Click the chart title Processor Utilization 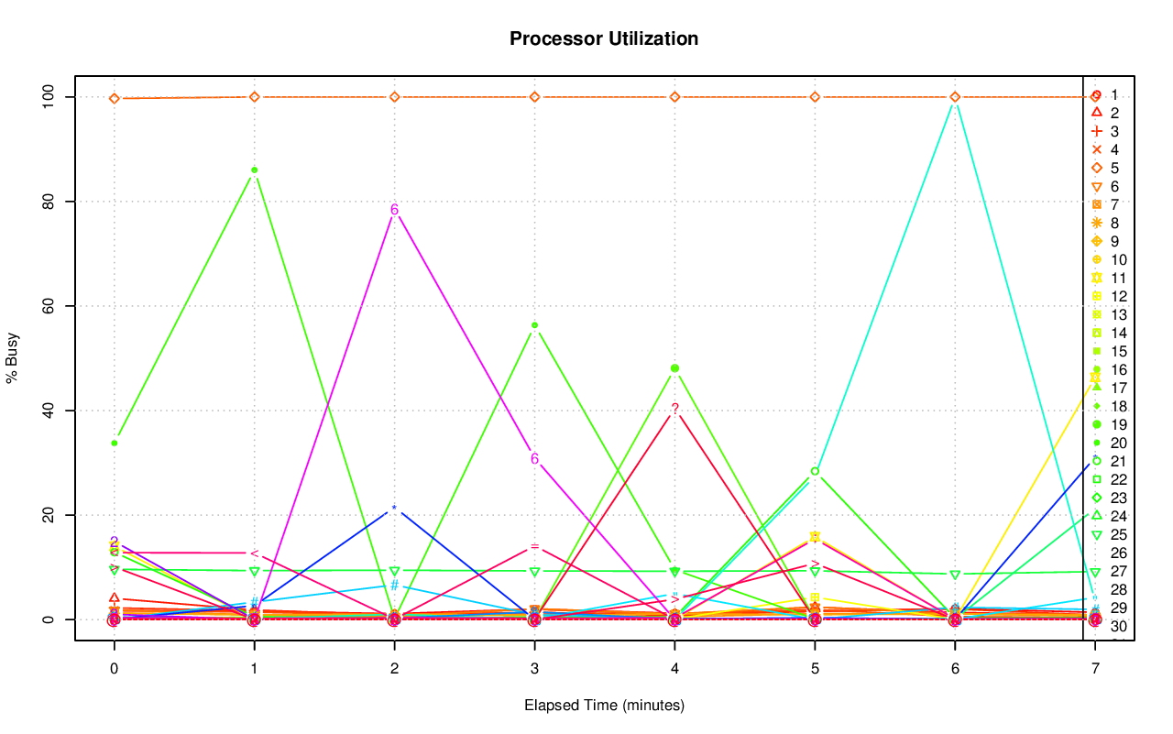tap(604, 38)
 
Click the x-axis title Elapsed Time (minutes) tap(604, 705)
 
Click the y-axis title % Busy tap(13, 358)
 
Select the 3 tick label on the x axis tap(534, 670)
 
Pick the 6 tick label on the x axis tap(955, 670)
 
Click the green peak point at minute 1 tap(254, 170)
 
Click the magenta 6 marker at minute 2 tap(394, 210)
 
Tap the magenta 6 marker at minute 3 tap(534, 459)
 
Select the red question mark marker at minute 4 tap(674, 409)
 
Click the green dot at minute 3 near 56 tap(534, 325)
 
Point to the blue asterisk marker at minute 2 tap(394, 509)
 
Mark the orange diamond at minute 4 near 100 tap(674, 97)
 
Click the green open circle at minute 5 tap(815, 471)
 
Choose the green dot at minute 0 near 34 tap(114, 444)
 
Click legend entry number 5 tap(1104, 168)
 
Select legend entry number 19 tap(1104, 424)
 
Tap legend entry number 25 tap(1104, 534)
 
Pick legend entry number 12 tap(1104, 296)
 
